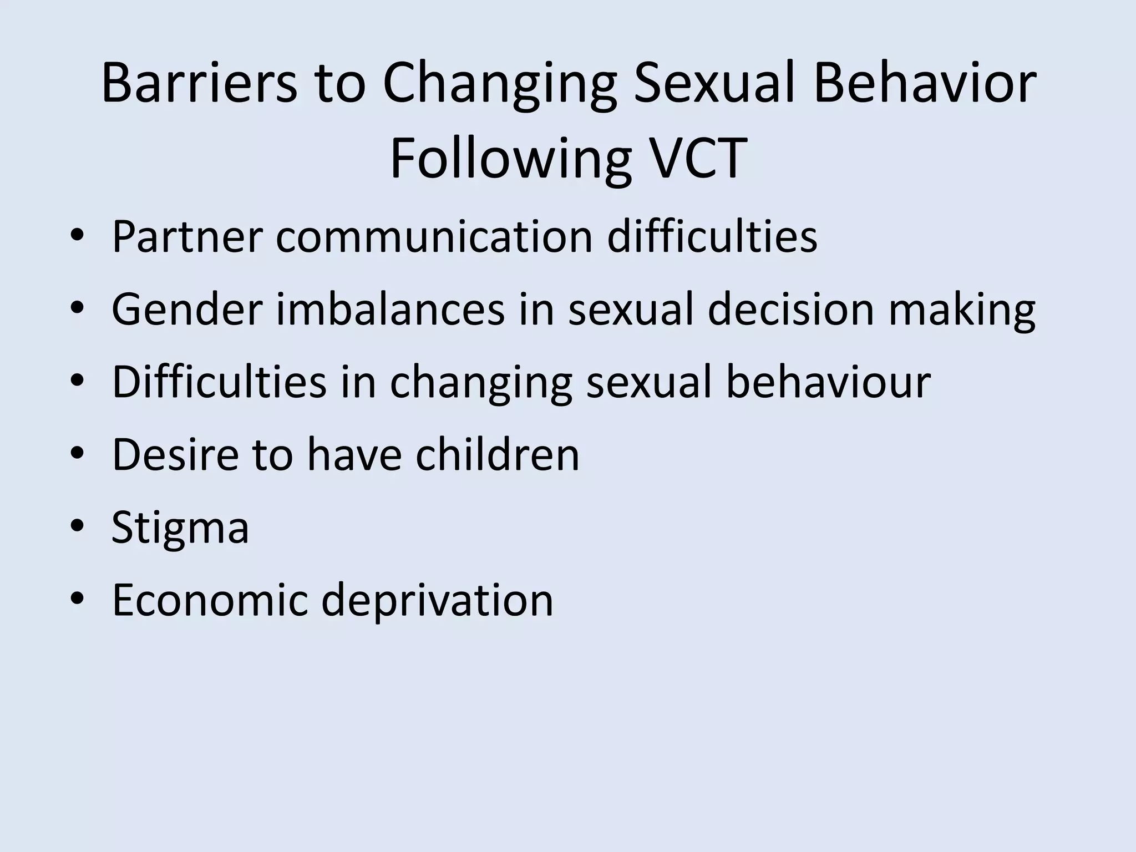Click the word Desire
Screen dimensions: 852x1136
tap(175, 454)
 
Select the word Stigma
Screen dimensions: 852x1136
tap(180, 528)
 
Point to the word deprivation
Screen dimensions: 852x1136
tap(437, 601)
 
